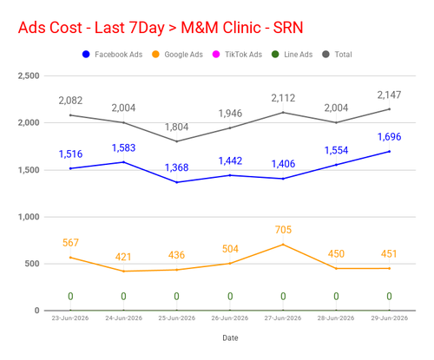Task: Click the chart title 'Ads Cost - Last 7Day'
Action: [x=91, y=28]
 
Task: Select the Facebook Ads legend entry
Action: [x=112, y=55]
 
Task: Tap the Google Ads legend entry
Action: [x=177, y=55]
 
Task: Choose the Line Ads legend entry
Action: [x=293, y=55]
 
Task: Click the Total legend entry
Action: [x=337, y=55]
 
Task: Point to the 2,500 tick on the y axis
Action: [x=29, y=75]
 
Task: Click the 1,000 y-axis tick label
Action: [x=29, y=217]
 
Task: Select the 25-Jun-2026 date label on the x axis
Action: [x=176, y=318]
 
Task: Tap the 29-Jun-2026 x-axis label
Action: [x=389, y=318]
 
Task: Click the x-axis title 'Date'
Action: [x=230, y=337]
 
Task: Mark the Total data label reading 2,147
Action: [x=389, y=95]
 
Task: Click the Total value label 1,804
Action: [x=176, y=127]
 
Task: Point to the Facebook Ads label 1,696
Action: [x=389, y=137]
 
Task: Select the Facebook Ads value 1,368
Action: [x=176, y=167]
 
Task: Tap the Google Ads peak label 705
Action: [x=283, y=230]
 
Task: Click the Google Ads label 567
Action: [x=70, y=243]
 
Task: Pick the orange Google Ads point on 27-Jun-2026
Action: [x=283, y=245]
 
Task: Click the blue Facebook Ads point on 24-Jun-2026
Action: [x=123, y=162]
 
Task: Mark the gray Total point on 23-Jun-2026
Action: [x=70, y=115]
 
